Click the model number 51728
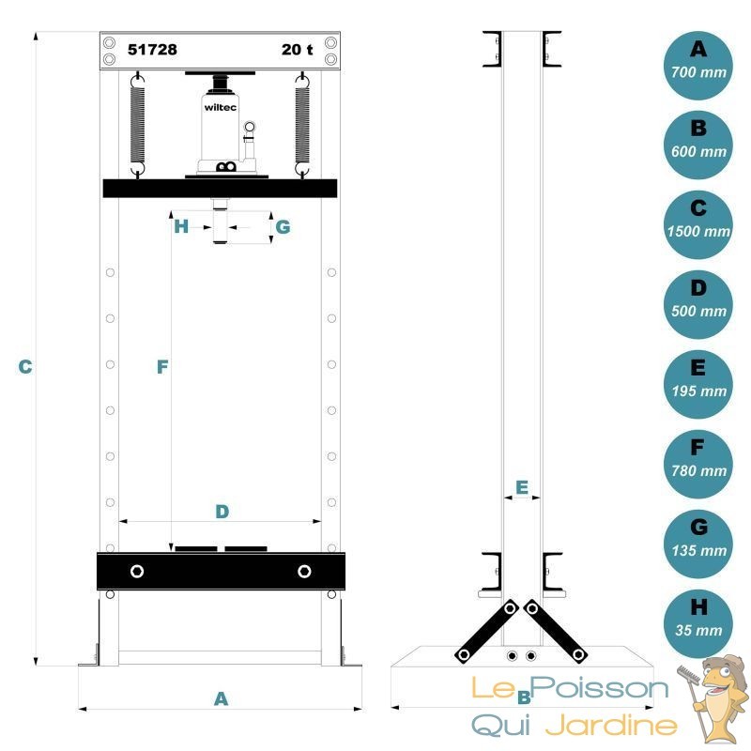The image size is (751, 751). tap(152, 50)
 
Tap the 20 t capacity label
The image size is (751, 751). tap(297, 50)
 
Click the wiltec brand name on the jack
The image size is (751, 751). tap(221, 107)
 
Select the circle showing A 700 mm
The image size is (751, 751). tap(698, 66)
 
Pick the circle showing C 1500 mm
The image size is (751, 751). tap(698, 224)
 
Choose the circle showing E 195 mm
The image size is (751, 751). tap(698, 384)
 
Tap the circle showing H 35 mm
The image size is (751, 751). tap(698, 623)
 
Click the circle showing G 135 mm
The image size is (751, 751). tap(698, 544)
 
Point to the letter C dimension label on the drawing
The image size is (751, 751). tap(25, 367)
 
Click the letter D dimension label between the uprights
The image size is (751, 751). tap(222, 512)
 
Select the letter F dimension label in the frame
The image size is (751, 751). tap(162, 367)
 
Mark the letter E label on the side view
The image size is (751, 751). tap(522, 487)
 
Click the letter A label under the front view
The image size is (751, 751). tap(221, 698)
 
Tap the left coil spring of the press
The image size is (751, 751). tap(137, 126)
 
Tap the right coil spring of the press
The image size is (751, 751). tap(302, 126)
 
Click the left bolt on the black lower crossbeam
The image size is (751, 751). tap(137, 571)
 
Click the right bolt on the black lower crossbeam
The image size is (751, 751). tap(304, 571)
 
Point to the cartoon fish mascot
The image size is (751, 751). tap(713, 699)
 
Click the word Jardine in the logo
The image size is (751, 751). tap(612, 725)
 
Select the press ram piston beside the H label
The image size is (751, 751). tap(220, 222)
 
